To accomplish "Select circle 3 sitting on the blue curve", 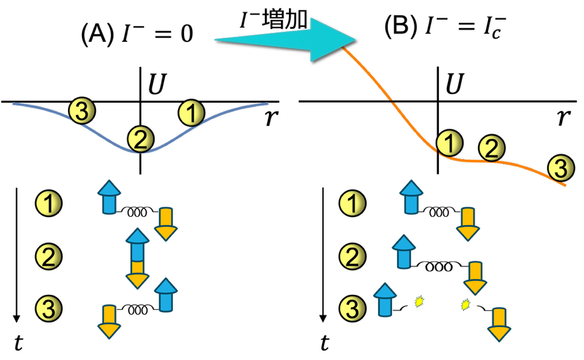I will pos(82,111).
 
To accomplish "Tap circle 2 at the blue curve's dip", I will pos(140,140).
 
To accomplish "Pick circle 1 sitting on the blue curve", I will pos(191,114).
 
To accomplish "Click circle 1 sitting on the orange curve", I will pos(449,143).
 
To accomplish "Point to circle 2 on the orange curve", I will pos(492,148).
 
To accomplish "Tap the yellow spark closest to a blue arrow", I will pos(419,301).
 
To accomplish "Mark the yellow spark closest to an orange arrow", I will pos(466,304).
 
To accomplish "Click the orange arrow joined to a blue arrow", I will pos(138,275).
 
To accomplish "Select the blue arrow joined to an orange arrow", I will pos(138,244).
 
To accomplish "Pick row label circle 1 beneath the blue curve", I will pos(49,203).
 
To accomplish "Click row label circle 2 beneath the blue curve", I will pos(49,256).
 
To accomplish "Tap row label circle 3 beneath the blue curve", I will pos(49,308).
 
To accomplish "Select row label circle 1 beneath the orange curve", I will pos(353,203).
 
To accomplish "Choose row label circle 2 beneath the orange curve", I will pos(353,256).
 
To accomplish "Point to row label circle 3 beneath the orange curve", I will pos(353,308).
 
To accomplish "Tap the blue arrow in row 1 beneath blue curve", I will pos(109,197).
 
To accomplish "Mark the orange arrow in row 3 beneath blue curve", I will pos(109,321).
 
